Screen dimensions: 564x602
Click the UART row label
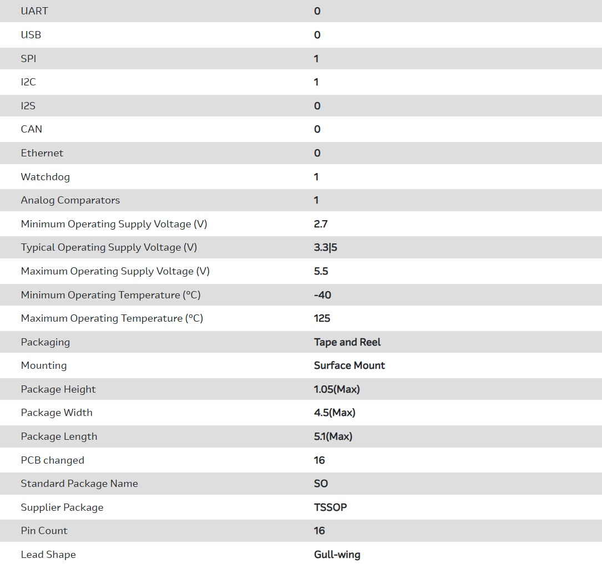tap(34, 11)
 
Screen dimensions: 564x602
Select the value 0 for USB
tap(317, 35)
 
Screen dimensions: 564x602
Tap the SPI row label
tap(29, 59)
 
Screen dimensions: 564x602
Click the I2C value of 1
tap(316, 82)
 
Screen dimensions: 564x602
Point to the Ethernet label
tap(42, 153)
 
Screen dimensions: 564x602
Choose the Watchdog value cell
tap(316, 177)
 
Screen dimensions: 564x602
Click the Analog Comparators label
tap(70, 200)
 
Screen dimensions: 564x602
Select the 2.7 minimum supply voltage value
tap(321, 224)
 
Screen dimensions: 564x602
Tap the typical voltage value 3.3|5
tap(326, 247)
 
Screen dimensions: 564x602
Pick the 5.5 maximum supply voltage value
tap(321, 271)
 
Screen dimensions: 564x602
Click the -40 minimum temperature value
tap(322, 295)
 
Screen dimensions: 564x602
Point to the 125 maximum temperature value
tap(322, 318)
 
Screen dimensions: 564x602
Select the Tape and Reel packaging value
tap(347, 342)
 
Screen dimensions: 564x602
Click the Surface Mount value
tap(350, 365)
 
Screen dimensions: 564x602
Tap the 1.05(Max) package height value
tap(337, 389)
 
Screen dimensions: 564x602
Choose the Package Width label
tap(57, 413)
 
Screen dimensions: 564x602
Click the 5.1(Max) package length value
tap(333, 436)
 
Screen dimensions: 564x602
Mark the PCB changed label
tap(53, 460)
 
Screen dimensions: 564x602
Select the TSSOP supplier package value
tap(330, 507)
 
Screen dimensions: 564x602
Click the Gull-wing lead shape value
tap(337, 555)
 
